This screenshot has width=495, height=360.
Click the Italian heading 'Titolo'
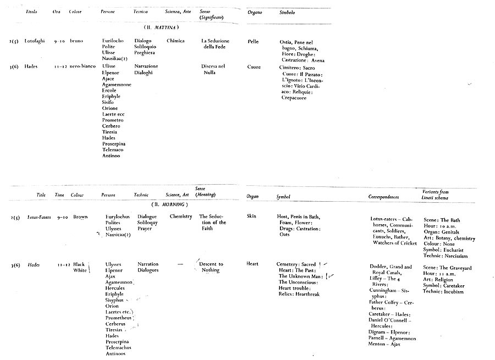coord(31,12)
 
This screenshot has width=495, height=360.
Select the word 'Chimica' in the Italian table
coord(175,41)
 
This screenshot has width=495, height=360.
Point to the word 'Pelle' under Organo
coord(253,41)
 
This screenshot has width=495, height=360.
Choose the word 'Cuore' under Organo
coord(254,67)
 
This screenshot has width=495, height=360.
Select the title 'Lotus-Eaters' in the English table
coord(40,217)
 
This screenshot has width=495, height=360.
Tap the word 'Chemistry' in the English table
coord(180,217)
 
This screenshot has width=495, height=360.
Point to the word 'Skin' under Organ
coord(252,217)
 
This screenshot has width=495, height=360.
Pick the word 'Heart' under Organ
coord(252,264)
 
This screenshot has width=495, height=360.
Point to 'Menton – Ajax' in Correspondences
coord(385,345)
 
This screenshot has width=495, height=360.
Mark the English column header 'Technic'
coord(141,196)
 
